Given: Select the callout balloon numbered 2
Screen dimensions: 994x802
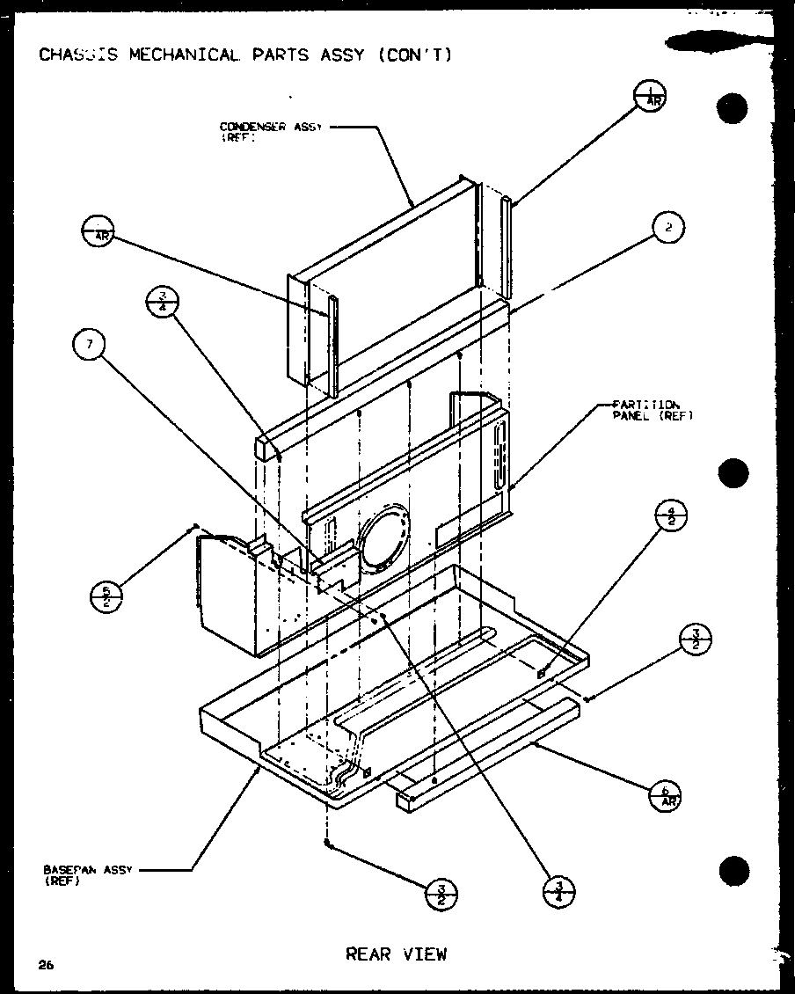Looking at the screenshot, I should tap(668, 228).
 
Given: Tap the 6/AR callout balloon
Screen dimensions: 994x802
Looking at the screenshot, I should tap(664, 797).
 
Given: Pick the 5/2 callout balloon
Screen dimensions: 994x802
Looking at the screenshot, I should tap(107, 596).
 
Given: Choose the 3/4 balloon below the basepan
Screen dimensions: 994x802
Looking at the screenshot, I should tap(559, 892).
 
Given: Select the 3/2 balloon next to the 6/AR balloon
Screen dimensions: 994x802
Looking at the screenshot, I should tap(696, 640).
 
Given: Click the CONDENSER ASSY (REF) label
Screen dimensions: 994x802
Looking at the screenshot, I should tap(270, 130).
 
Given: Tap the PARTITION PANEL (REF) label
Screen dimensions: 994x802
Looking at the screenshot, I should tap(653, 411).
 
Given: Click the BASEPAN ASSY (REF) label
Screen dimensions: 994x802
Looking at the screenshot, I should tap(86, 873).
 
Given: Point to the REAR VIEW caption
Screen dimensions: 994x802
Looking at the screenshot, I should tap(396, 954).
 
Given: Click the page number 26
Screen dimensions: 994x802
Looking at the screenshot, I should tap(46, 965).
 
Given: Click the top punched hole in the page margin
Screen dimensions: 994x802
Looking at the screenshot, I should tap(732, 108).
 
